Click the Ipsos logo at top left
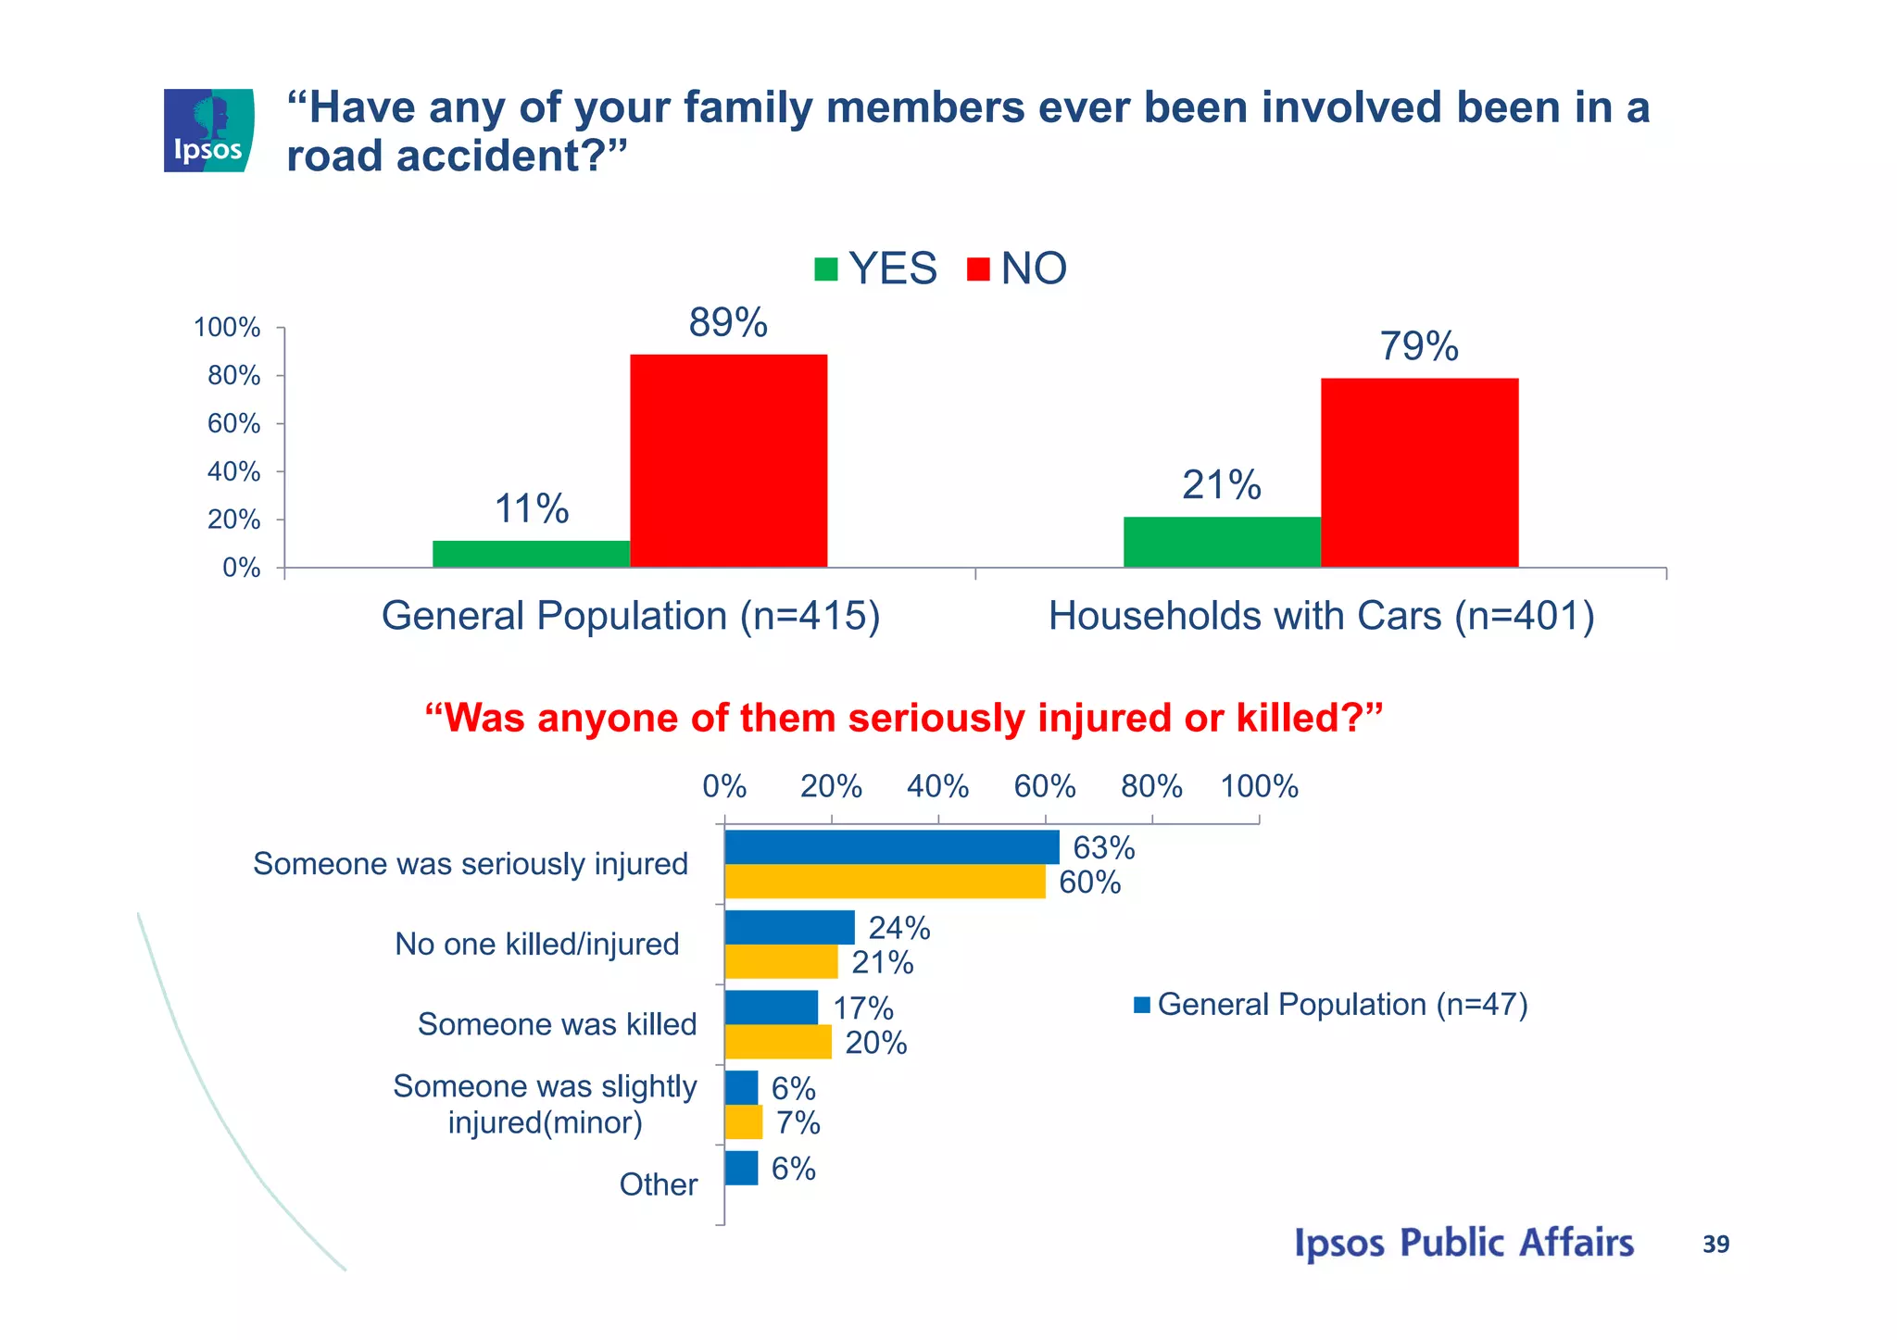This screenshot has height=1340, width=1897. tap(208, 131)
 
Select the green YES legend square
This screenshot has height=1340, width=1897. tap(825, 269)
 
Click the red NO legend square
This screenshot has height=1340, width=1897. tap(978, 269)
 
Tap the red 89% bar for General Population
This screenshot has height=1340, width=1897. tap(728, 460)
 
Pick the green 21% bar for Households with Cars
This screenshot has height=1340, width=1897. tap(1222, 542)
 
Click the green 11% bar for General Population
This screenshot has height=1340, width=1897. tap(531, 554)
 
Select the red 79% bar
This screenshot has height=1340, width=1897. tap(1419, 472)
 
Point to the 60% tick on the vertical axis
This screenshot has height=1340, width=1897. tap(234, 424)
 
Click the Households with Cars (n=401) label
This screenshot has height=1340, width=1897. tap(1321, 616)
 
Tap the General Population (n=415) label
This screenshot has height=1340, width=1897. tap(631, 616)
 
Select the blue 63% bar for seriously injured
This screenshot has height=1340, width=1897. tap(891, 847)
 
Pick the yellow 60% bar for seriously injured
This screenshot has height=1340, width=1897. tap(885, 882)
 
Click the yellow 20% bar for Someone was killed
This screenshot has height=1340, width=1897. tap(778, 1043)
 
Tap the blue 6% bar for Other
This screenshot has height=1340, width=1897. tap(741, 1168)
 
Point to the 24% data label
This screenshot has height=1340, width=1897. tap(898, 928)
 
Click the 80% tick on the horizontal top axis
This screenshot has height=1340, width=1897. tap(1151, 787)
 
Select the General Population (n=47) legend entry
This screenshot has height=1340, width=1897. tap(1330, 1005)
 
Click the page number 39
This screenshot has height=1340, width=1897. tap(1715, 1245)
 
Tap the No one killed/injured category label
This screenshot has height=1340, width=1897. tap(537, 945)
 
